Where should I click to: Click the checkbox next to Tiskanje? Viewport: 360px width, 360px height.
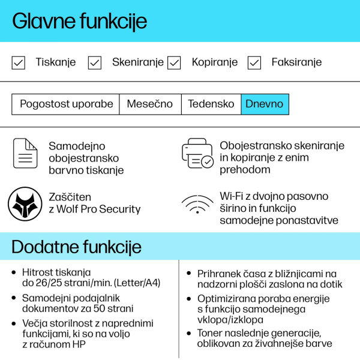(19, 62)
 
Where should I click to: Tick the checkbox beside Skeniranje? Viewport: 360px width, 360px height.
(95, 62)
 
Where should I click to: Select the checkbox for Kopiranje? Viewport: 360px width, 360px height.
(174, 62)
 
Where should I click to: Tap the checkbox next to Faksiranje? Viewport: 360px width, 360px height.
(254, 62)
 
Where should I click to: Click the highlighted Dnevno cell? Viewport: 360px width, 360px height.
(265, 104)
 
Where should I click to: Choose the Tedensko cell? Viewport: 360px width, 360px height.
(211, 104)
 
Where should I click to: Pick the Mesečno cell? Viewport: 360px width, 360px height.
(150, 104)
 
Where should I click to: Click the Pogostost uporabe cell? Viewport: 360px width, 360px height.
(66, 104)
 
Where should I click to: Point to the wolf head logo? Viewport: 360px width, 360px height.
(25, 203)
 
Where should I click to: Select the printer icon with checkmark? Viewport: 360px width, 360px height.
(198, 154)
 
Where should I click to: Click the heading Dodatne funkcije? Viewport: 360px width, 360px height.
(76, 247)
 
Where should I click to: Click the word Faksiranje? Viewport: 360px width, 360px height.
(296, 62)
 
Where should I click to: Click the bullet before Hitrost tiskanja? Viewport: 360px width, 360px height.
(14, 272)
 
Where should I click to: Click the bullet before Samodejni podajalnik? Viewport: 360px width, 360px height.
(14, 298)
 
